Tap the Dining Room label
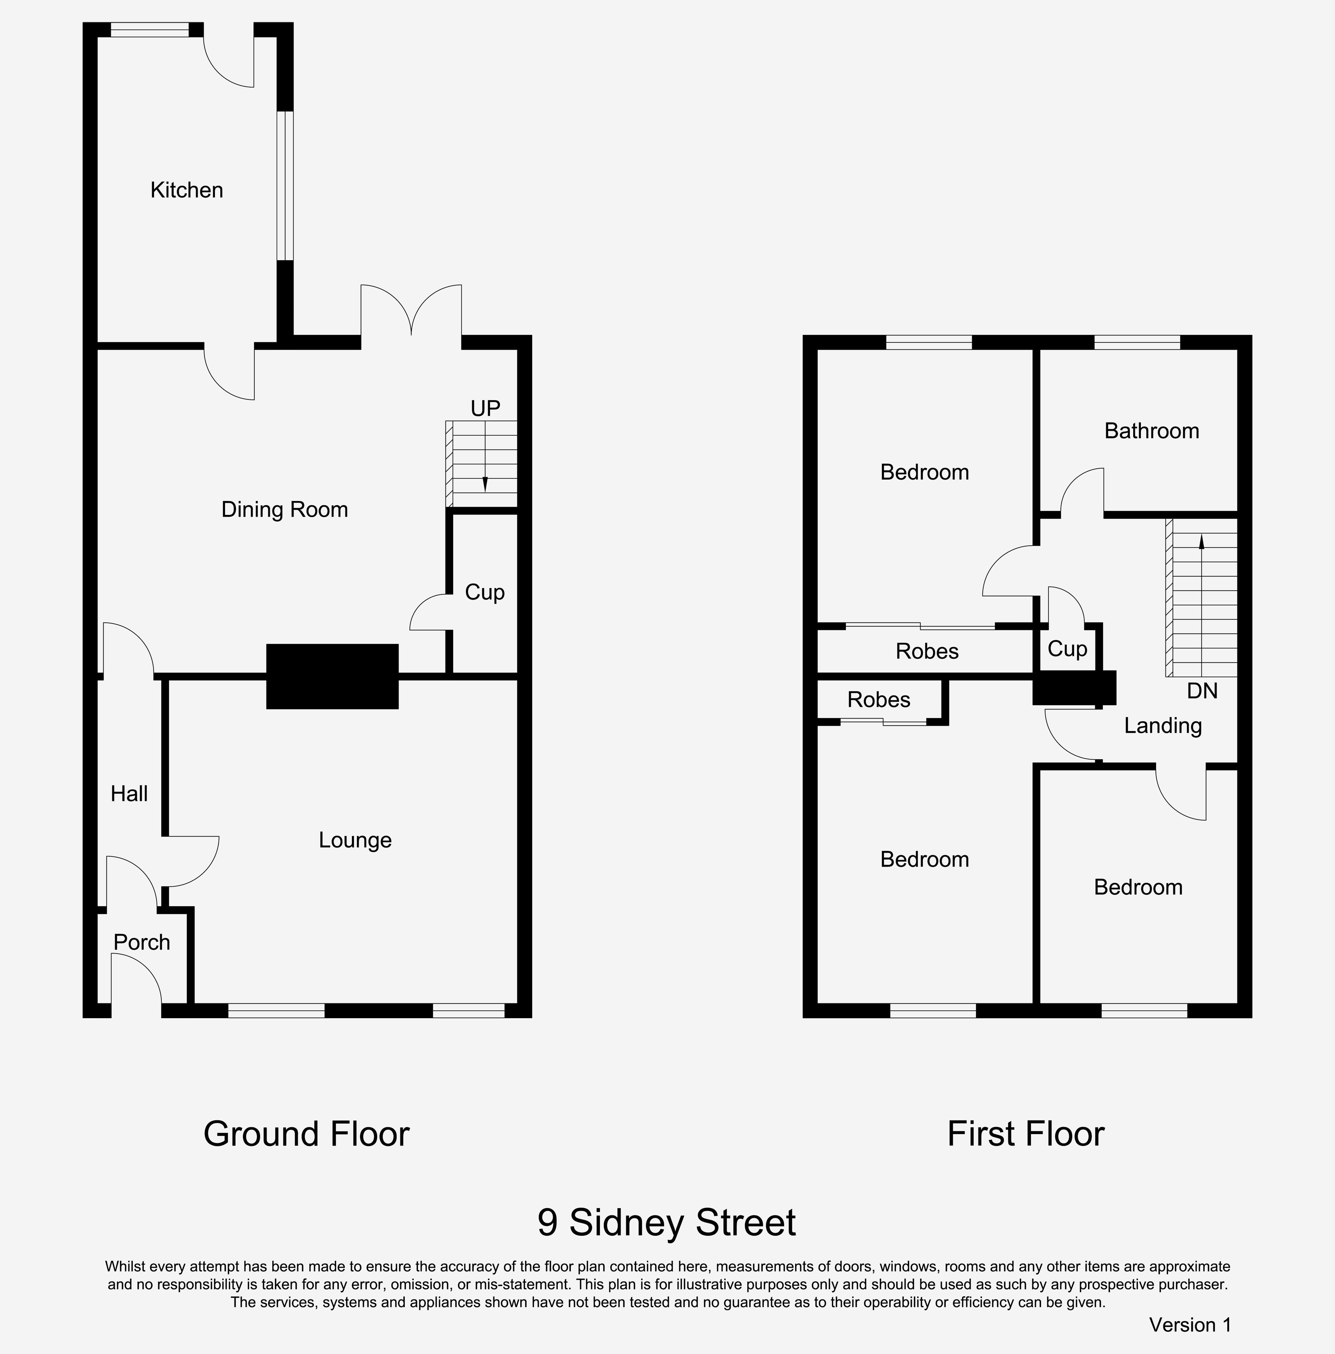(284, 509)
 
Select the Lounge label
(355, 840)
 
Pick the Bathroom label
(1152, 431)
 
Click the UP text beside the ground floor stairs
(485, 408)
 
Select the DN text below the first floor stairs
(1203, 691)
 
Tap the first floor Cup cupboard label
(1067, 649)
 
